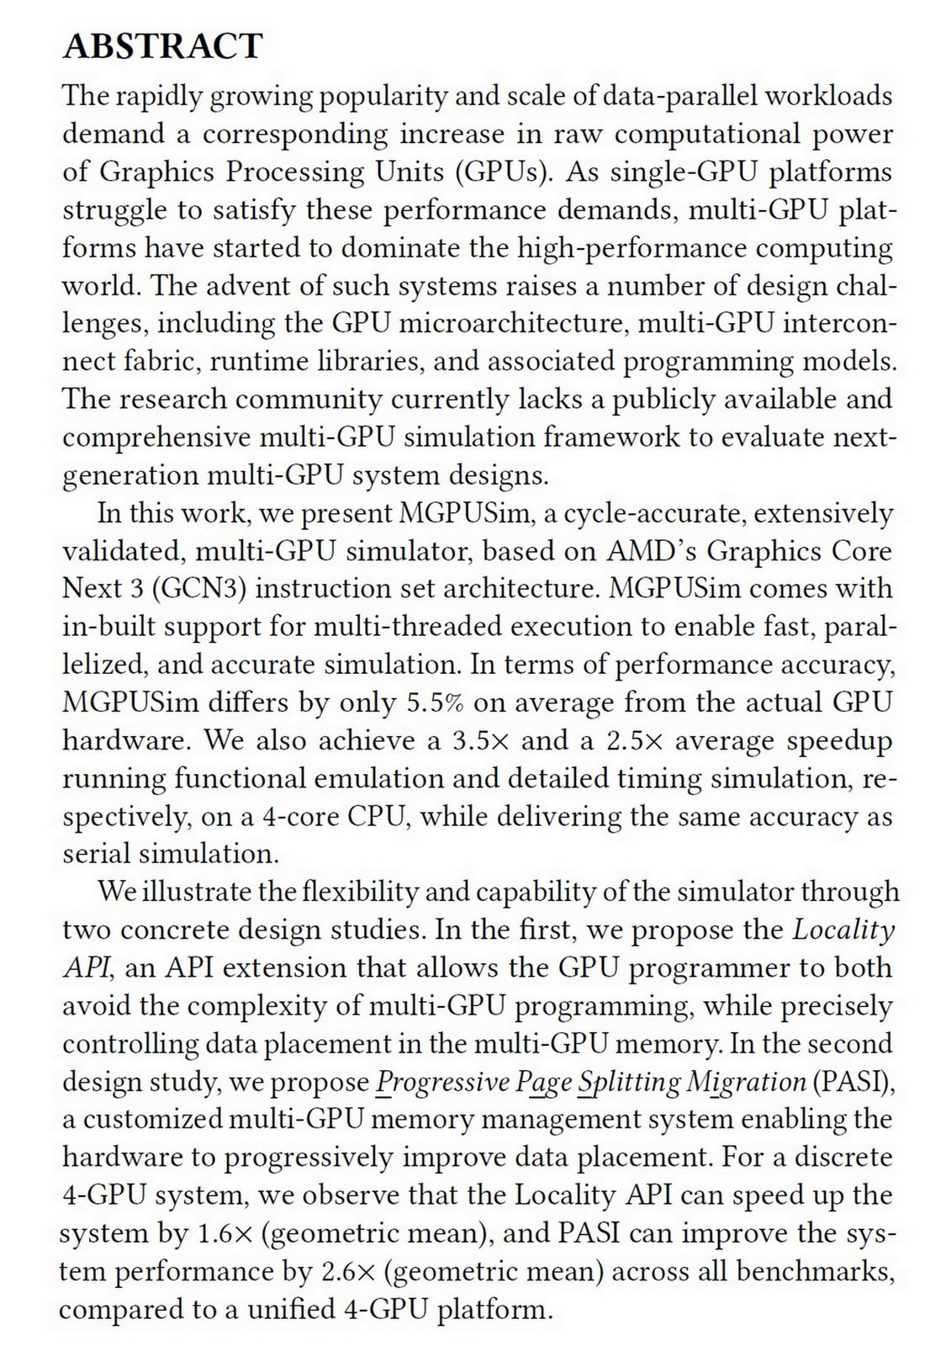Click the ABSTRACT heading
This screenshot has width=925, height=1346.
162,46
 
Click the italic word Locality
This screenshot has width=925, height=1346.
843,930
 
